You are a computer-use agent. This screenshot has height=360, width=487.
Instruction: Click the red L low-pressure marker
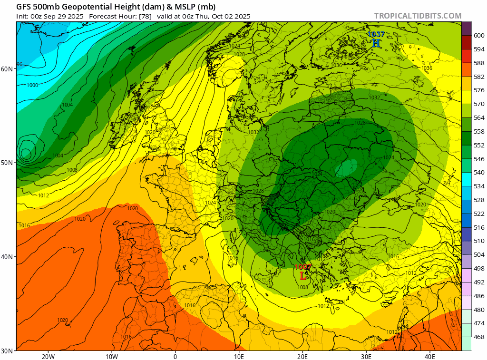pyautogui.click(x=303, y=276)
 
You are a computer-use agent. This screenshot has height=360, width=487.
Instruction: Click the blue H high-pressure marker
pyautogui.click(x=376, y=43)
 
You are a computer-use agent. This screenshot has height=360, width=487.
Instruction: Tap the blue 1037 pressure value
pyautogui.click(x=376, y=34)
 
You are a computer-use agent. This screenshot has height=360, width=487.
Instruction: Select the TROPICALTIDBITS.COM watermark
pyautogui.click(x=418, y=16)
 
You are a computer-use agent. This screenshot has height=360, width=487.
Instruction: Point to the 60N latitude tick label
pyautogui.click(x=7, y=69)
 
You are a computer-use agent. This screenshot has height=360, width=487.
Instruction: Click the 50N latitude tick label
pyautogui.click(x=7, y=163)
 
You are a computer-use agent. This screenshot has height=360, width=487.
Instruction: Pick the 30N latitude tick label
pyautogui.click(x=7, y=350)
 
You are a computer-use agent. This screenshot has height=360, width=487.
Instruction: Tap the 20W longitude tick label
pyautogui.click(x=48, y=357)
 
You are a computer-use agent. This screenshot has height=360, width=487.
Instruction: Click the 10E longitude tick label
pyautogui.click(x=239, y=357)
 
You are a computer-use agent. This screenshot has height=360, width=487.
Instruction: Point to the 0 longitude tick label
pyautogui.click(x=175, y=357)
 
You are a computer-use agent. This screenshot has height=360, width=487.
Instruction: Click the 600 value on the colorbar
pyautogui.click(x=479, y=36)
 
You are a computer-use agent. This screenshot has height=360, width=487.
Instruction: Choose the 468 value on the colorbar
pyautogui.click(x=479, y=337)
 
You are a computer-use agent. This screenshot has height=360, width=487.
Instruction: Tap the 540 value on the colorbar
pyautogui.click(x=479, y=173)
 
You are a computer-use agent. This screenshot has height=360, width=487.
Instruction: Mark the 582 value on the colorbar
pyautogui.click(x=479, y=77)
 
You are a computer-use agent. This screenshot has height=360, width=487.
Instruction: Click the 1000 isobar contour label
pyautogui.click(x=33, y=86)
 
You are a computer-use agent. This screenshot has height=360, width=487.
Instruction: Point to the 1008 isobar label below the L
pyautogui.click(x=302, y=287)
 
